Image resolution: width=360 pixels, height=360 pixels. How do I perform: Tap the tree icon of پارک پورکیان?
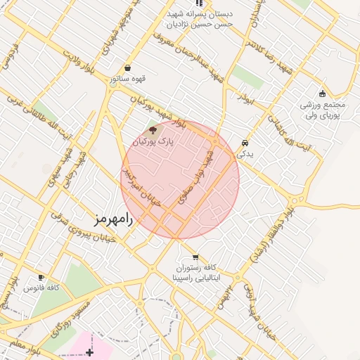153,129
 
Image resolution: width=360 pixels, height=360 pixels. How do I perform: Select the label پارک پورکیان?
153,142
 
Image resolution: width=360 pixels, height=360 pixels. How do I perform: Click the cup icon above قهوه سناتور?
127,68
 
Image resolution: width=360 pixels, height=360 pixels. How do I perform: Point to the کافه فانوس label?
39,288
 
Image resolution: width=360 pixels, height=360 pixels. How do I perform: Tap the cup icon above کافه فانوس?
41,277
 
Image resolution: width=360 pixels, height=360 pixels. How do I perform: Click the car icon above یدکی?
245,141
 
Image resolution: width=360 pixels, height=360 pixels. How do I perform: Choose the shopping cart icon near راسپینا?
195,257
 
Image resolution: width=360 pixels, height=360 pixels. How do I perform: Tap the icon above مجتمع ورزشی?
322,94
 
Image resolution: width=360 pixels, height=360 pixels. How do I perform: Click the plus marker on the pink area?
89,351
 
